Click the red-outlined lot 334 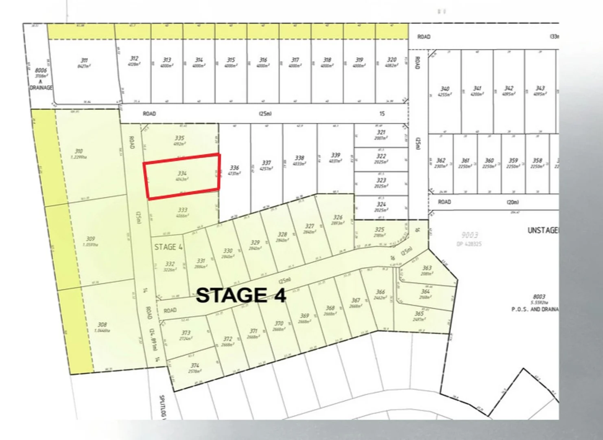click(182, 176)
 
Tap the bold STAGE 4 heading click(241, 295)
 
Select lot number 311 click(84, 61)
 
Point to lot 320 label click(391, 59)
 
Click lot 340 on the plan click(445, 89)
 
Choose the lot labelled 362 click(441, 161)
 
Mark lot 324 click(381, 205)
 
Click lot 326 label click(338, 218)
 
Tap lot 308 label click(102, 325)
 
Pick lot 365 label click(419, 314)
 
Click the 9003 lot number click(470, 235)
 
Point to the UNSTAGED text click(543, 231)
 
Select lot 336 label click(234, 168)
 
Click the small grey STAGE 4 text click(168, 247)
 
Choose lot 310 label click(79, 151)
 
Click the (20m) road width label click(513, 202)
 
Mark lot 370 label click(279, 324)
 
